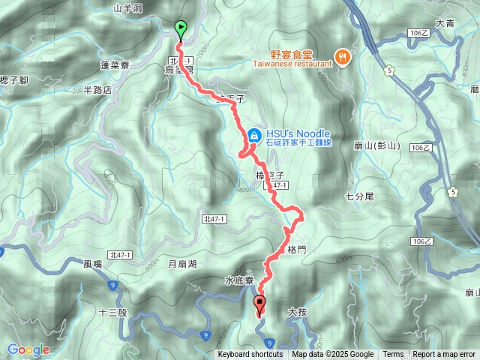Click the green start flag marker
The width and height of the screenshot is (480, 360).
181,29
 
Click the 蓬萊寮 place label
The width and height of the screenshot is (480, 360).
115,66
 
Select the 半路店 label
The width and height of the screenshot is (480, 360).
97,90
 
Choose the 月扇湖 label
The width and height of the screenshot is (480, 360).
181,264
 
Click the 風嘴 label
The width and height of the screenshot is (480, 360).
93,264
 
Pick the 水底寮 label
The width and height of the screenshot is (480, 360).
240,280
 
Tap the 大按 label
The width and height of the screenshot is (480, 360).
298,310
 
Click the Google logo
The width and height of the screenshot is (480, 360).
28,349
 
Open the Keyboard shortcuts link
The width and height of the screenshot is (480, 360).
250,355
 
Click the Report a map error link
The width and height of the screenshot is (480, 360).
444,355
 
